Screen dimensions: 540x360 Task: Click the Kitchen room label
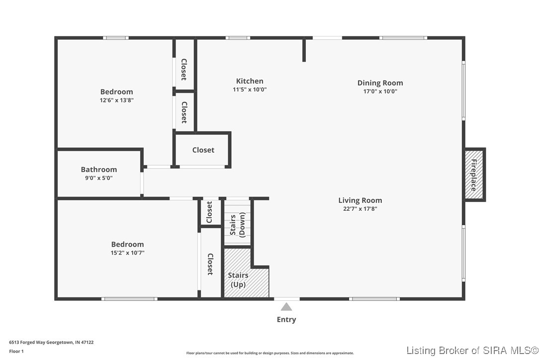(250, 82)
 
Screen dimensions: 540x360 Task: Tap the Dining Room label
(380, 83)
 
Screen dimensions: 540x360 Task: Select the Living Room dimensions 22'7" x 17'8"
(360, 209)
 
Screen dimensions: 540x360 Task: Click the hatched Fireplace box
(474, 175)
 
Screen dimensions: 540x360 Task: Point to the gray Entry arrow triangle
(286, 307)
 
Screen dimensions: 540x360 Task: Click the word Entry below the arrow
(286, 319)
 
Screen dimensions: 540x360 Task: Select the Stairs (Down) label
(238, 225)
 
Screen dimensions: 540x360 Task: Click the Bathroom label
(99, 170)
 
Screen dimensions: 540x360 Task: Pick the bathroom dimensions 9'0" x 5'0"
(99, 178)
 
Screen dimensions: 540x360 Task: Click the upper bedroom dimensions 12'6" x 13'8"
(117, 100)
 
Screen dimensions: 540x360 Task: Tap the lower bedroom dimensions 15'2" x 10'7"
(127, 253)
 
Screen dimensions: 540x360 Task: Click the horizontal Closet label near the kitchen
(203, 150)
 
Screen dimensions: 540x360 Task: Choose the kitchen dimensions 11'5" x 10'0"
(250, 90)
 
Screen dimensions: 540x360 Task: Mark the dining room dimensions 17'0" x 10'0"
(380, 91)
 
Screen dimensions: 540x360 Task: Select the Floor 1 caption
(16, 352)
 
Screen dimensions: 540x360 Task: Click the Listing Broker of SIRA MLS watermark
(472, 351)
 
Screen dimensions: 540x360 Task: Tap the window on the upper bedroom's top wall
(116, 38)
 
